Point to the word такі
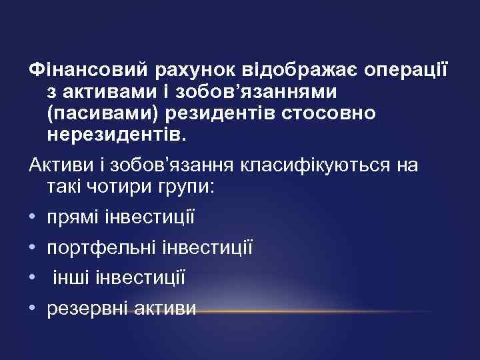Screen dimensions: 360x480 coord(65,187)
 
